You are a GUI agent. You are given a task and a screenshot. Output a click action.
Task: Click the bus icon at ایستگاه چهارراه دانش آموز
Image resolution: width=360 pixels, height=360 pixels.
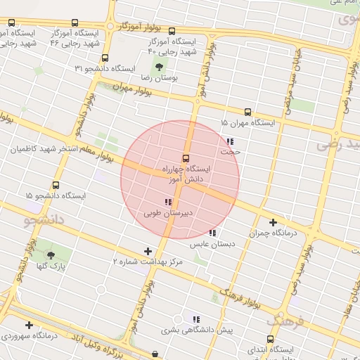(186, 158)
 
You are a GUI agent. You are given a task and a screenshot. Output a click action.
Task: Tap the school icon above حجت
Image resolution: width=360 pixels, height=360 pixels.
(230, 141)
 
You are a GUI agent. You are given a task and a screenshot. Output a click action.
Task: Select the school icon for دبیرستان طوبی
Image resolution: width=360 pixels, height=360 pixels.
(168, 202)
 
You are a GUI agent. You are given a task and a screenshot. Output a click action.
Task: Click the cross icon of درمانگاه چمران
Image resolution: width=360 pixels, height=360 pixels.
(274, 222)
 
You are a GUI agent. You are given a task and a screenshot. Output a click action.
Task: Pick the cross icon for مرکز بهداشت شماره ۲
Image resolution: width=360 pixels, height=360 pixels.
(148, 251)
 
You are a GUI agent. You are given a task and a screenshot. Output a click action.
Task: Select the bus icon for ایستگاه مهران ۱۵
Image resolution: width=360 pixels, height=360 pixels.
(247, 112)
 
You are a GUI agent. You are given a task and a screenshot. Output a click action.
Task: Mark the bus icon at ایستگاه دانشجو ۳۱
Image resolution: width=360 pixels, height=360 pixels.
(105, 58)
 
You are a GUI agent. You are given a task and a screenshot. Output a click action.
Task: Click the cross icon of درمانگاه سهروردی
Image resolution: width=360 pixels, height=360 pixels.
(29, 325)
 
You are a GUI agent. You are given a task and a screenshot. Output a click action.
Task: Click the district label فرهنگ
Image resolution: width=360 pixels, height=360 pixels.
(286, 322)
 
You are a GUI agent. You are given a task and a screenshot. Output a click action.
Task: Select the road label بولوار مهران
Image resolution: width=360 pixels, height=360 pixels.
(132, 91)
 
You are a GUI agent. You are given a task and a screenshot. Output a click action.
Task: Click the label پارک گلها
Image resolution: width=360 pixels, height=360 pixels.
(51, 267)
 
